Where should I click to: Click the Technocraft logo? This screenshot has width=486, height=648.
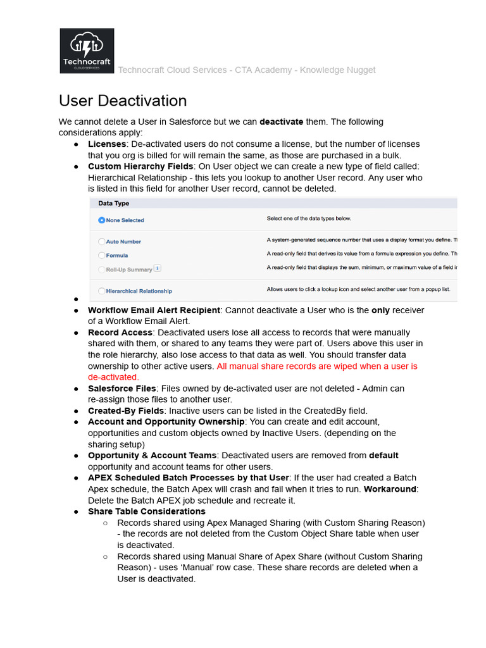pyautogui.click(x=87, y=51)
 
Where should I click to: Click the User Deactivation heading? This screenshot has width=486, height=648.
pyautogui.click(x=123, y=101)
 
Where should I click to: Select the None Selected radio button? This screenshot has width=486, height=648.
pyautogui.click(x=101, y=220)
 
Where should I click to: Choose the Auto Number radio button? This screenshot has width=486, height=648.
pyautogui.click(x=101, y=242)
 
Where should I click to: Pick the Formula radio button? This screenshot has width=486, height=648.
pyautogui.click(x=101, y=255)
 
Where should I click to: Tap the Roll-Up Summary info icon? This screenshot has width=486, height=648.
pyautogui.click(x=158, y=268)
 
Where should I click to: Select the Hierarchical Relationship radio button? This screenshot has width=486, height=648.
pyautogui.click(x=101, y=291)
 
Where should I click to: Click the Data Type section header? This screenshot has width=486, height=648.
pyautogui.click(x=114, y=203)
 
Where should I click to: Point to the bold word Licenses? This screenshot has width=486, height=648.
pyautogui.click(x=107, y=144)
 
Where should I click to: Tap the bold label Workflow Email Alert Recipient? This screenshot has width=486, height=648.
pyautogui.click(x=154, y=310)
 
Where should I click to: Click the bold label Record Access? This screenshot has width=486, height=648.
pyautogui.click(x=120, y=332)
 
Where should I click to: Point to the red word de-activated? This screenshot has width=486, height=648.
pyautogui.click(x=113, y=377)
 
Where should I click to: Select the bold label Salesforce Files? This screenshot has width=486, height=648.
pyautogui.click(x=121, y=388)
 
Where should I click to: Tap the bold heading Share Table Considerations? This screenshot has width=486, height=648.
pyautogui.click(x=147, y=511)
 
